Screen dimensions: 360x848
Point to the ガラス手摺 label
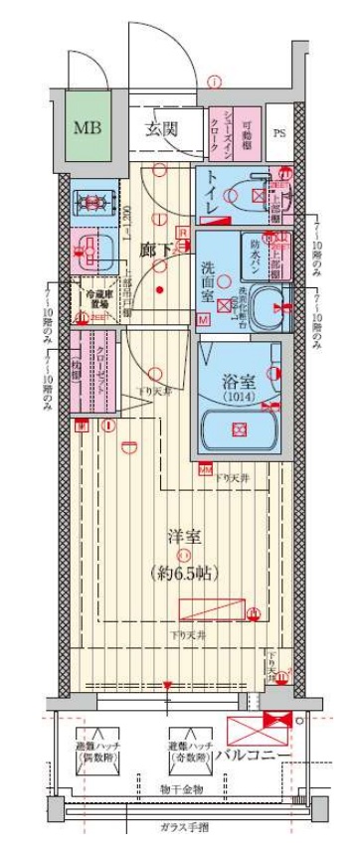[180, 828]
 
